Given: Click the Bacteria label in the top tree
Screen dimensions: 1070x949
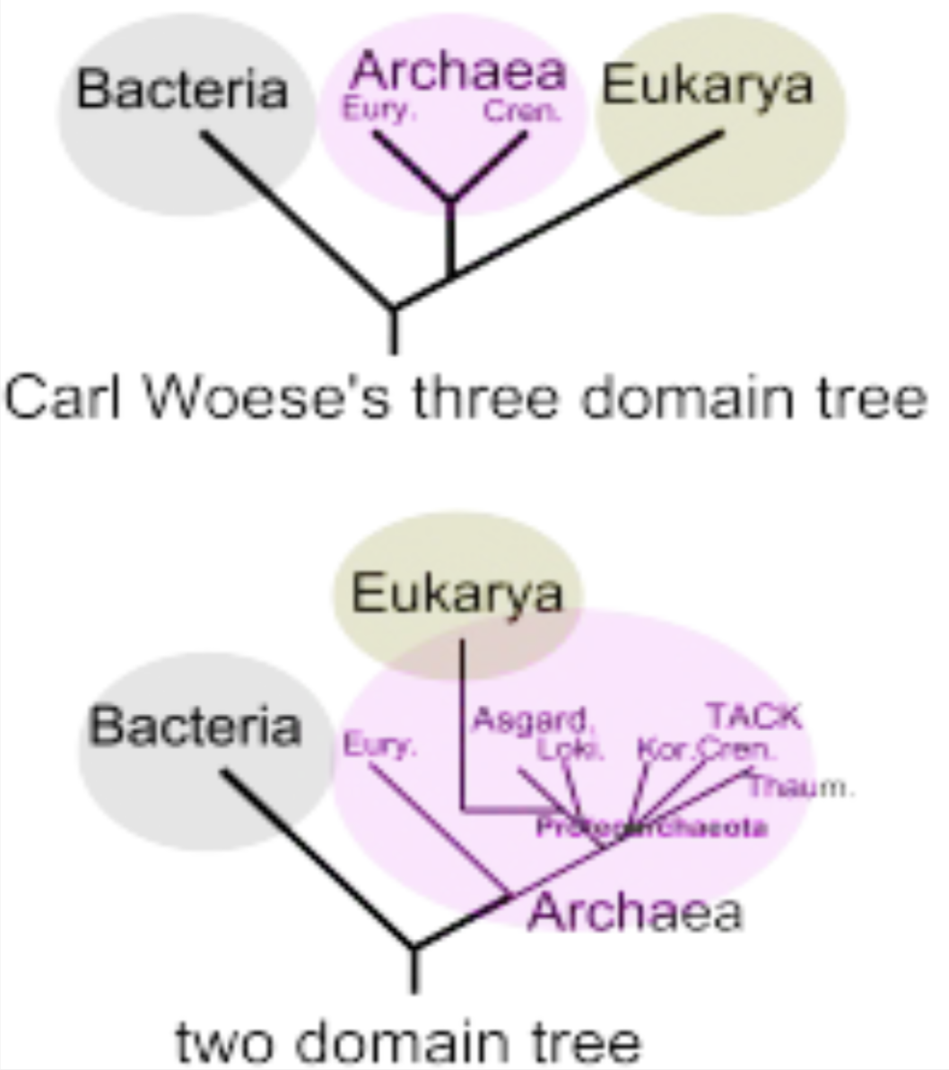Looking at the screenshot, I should (183, 90).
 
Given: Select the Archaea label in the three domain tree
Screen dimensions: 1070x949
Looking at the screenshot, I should (460, 72).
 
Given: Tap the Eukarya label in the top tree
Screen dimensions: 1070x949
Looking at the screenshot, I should (708, 86).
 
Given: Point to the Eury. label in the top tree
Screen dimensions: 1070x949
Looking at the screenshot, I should (376, 112).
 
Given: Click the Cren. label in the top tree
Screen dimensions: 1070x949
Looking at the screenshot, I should (522, 112).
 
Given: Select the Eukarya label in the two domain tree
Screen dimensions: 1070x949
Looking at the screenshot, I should (457, 594).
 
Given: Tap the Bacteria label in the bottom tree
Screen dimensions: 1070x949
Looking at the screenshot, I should (195, 726).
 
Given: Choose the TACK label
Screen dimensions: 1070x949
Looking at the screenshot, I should (753, 717).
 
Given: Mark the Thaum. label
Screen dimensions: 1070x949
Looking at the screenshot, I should (801, 787).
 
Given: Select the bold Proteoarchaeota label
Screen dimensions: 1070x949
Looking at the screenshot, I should (651, 828).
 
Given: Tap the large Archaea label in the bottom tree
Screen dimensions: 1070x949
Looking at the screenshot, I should (635, 912).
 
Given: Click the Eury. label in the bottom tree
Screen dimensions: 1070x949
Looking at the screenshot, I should (381, 745).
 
